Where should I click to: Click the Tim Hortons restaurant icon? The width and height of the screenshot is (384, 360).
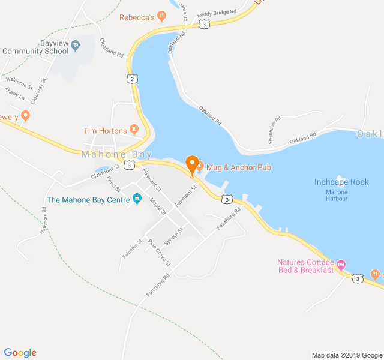(x=134, y=130)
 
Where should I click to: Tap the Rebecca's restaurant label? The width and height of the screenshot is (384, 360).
(x=137, y=17)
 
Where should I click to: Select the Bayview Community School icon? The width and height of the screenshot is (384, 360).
(x=76, y=45)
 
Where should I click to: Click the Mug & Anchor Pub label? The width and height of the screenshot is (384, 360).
(x=238, y=167)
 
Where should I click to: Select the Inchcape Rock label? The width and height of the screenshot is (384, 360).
(x=341, y=182)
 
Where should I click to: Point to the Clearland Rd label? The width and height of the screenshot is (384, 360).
(x=112, y=48)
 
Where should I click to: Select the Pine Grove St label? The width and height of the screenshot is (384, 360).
(x=160, y=253)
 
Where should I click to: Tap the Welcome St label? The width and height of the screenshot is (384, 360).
(x=19, y=80)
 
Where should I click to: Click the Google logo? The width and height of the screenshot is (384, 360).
(x=20, y=353)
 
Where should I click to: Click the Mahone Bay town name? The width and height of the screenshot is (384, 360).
(x=112, y=154)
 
